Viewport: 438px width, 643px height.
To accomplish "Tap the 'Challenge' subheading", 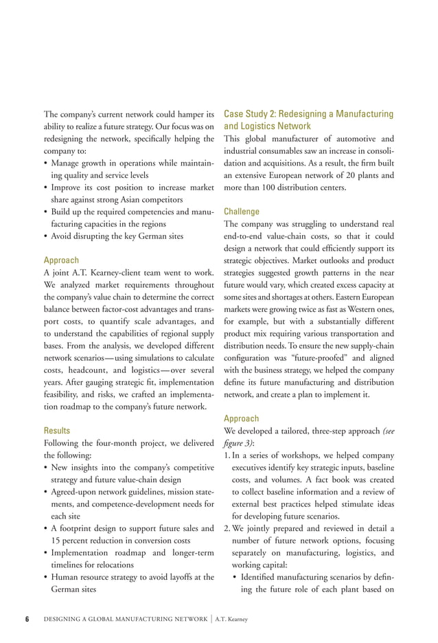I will click(x=241, y=212).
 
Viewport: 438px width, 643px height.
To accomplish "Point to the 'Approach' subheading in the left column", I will click(x=60, y=260).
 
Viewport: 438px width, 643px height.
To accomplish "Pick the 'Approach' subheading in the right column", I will click(x=241, y=418).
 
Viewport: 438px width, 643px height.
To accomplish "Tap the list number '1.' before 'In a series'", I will click(x=229, y=455).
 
